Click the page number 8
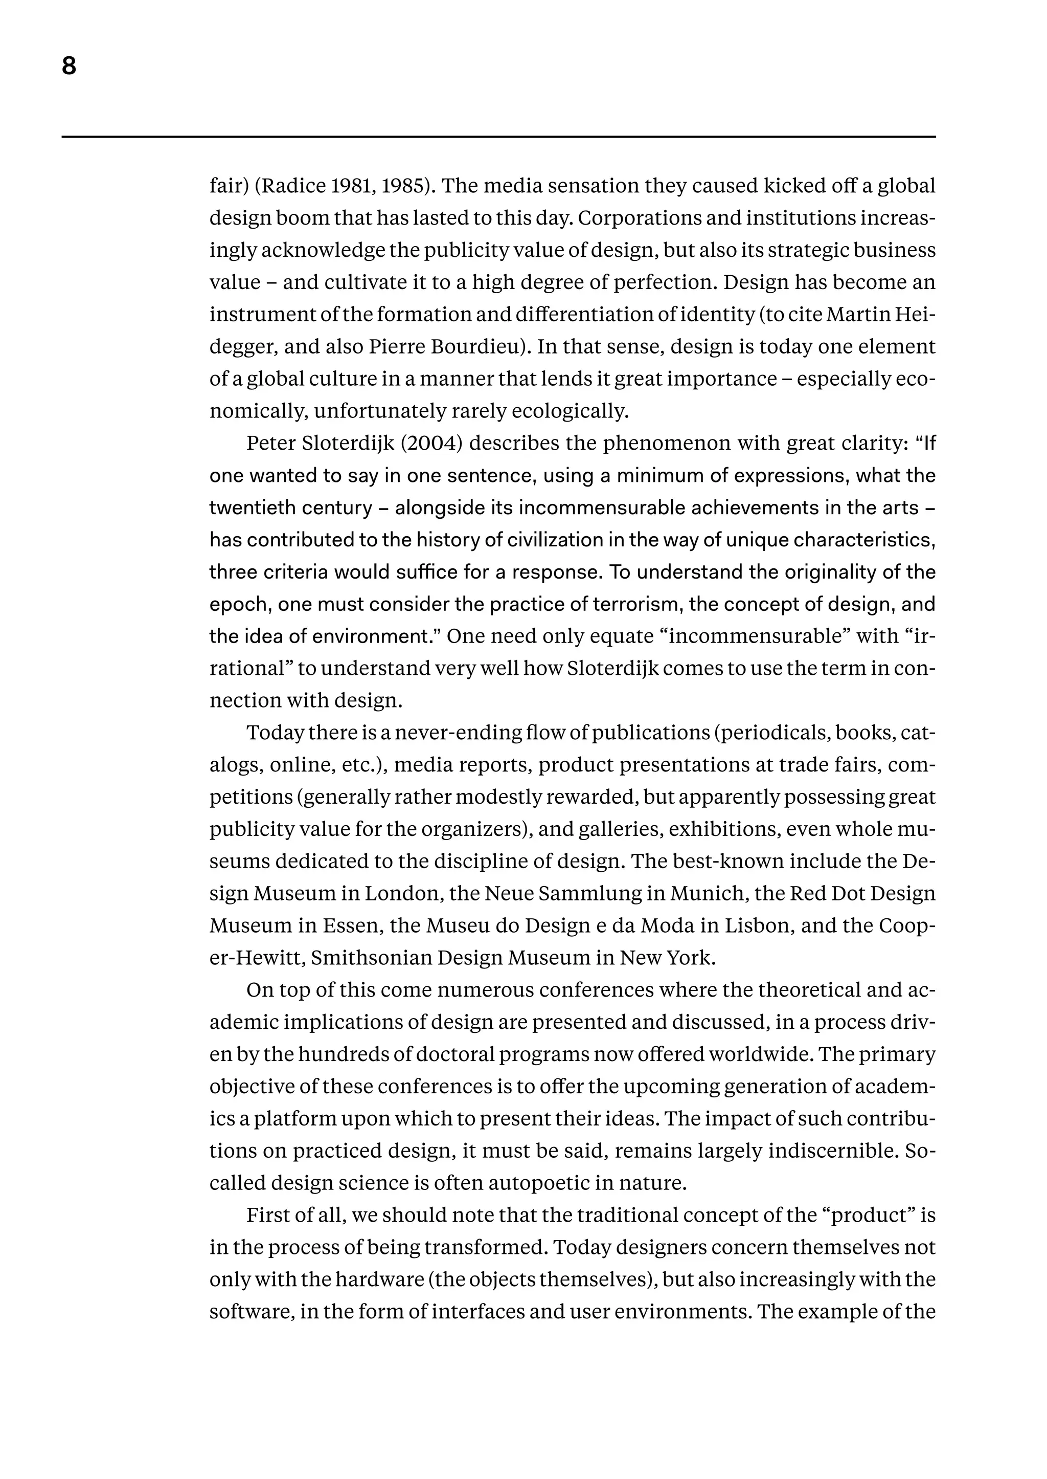pos(69,66)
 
